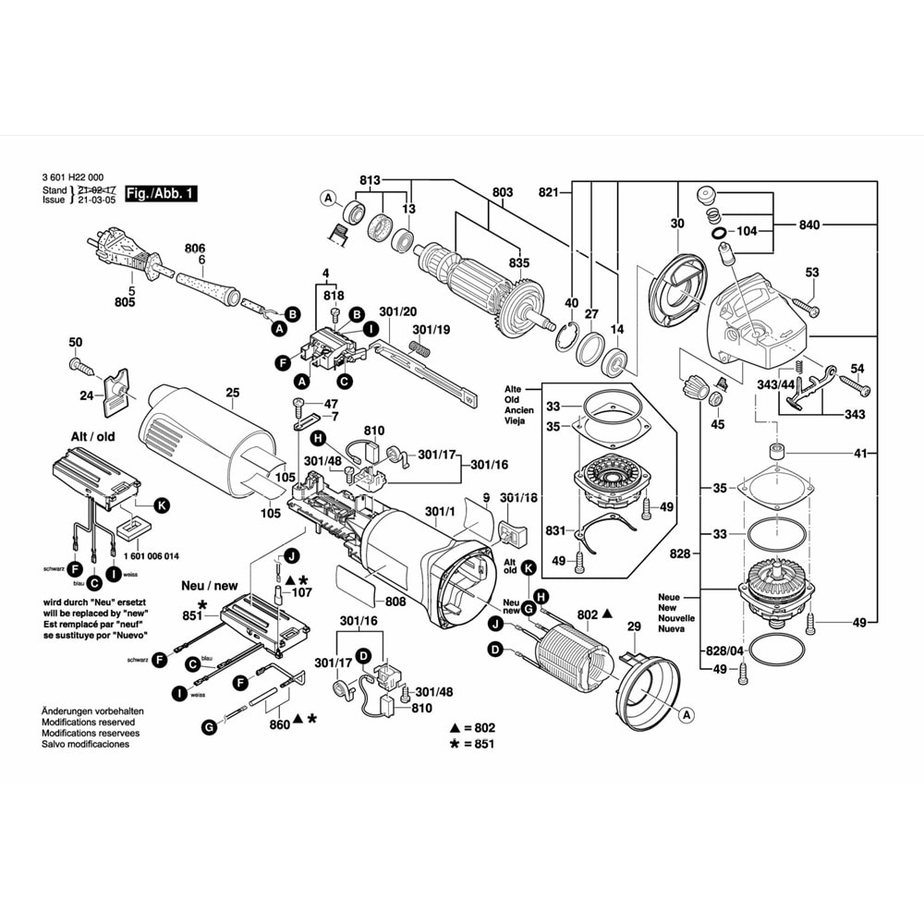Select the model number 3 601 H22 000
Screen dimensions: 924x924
click(x=72, y=177)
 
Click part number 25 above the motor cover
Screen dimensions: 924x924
click(x=231, y=393)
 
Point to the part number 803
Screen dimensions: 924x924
click(x=502, y=192)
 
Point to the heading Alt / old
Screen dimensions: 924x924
click(x=92, y=437)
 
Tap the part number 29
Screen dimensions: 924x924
click(x=634, y=627)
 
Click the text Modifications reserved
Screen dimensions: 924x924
click(x=88, y=722)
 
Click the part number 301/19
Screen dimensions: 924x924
click(x=431, y=329)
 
